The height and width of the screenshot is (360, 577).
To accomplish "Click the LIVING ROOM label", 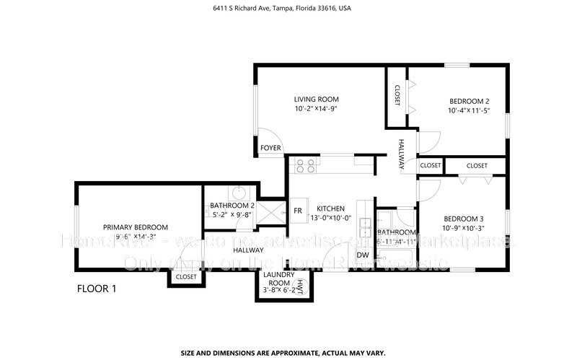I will (316, 100).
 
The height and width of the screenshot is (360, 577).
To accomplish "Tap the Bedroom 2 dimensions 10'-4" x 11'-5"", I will (468, 110).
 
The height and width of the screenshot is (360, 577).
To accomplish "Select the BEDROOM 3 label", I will (463, 219).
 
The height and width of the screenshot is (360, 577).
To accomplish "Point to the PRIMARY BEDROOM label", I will (135, 226).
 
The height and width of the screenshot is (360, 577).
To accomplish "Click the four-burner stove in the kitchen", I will (305, 166).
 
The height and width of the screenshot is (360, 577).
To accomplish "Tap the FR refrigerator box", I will (297, 211).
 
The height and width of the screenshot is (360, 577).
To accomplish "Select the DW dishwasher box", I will (363, 255).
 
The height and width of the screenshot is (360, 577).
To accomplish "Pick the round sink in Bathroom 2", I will (239, 193).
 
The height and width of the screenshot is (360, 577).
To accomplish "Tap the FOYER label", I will (270, 148).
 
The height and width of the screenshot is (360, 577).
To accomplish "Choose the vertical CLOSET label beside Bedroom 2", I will (397, 95).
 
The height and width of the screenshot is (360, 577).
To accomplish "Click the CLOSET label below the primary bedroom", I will (186, 276).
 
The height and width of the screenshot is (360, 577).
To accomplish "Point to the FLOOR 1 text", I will (97, 289).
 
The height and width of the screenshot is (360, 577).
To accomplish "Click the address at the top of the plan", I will (288, 9).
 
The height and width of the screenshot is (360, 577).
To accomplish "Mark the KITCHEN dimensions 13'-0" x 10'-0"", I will (330, 218).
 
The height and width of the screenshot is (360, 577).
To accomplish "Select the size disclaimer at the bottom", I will (288, 354).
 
